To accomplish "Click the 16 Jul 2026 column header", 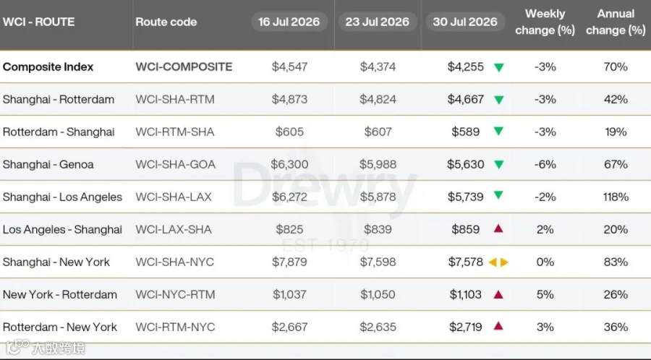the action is pyautogui.click(x=289, y=22).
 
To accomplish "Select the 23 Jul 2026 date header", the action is pyautogui.click(x=377, y=22).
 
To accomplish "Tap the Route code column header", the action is pyautogui.click(x=166, y=22).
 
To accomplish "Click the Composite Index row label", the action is pyautogui.click(x=48, y=67).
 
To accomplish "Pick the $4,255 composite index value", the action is pyautogui.click(x=465, y=67).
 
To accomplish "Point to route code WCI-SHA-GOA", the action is pyautogui.click(x=175, y=164).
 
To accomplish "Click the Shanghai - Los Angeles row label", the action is pyautogui.click(x=62, y=197).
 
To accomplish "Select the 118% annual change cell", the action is pyautogui.click(x=616, y=197).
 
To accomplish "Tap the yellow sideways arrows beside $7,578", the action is pyautogui.click(x=498, y=262).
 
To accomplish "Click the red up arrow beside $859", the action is pyautogui.click(x=498, y=228).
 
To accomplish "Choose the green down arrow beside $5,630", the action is pyautogui.click(x=498, y=165).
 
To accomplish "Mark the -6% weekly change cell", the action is pyautogui.click(x=545, y=164).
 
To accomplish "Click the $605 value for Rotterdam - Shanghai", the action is pyautogui.click(x=289, y=132).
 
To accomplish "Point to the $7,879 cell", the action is pyautogui.click(x=289, y=262).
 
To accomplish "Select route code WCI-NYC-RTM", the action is pyautogui.click(x=175, y=294).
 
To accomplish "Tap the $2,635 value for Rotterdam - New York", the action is pyautogui.click(x=378, y=327).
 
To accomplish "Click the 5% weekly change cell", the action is pyautogui.click(x=545, y=294).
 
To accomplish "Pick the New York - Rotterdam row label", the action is pyautogui.click(x=60, y=294).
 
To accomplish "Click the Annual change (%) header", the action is pyautogui.click(x=616, y=22).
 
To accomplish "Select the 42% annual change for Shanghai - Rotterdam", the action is pyautogui.click(x=616, y=100).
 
